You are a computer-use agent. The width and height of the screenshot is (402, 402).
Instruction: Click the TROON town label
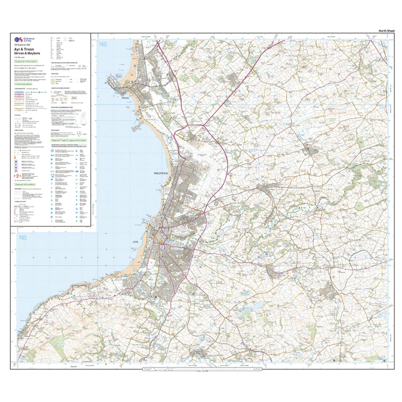pos(125,97)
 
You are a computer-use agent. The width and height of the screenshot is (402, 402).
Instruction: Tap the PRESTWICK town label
pos(161,173)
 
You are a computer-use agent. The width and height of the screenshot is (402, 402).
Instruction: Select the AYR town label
pos(136,243)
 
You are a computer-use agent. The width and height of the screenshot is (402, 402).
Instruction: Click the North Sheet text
pos(386,31)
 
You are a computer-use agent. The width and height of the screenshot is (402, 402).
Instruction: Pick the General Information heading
pos(25,184)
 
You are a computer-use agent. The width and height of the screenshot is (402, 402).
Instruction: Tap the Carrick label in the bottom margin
pos(73,366)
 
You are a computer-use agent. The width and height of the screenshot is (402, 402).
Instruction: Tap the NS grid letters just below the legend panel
pos(22,238)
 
